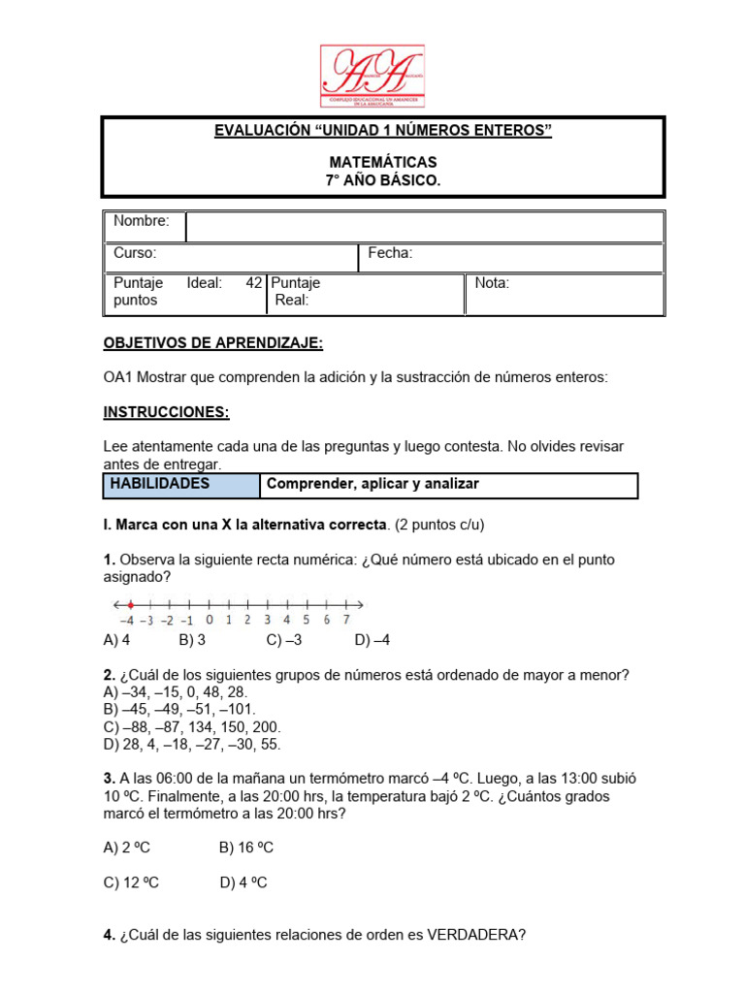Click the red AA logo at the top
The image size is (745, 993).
[x=372, y=75]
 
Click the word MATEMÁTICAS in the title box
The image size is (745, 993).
[x=382, y=162]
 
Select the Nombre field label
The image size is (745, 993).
[x=141, y=221]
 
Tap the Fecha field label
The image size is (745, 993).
[x=390, y=253]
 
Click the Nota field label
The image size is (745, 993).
[x=492, y=283]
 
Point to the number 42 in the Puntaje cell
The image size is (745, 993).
[x=254, y=283]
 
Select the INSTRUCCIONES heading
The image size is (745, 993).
[x=166, y=412]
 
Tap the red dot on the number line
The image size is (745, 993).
[x=130, y=604]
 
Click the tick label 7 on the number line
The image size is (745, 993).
[x=346, y=620]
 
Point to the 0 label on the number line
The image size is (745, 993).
[x=209, y=620]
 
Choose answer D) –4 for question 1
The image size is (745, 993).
[x=372, y=640]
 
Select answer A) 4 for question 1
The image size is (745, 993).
[x=116, y=640]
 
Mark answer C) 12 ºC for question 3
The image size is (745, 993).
[x=131, y=882]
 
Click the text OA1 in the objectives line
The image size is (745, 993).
[x=116, y=378]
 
